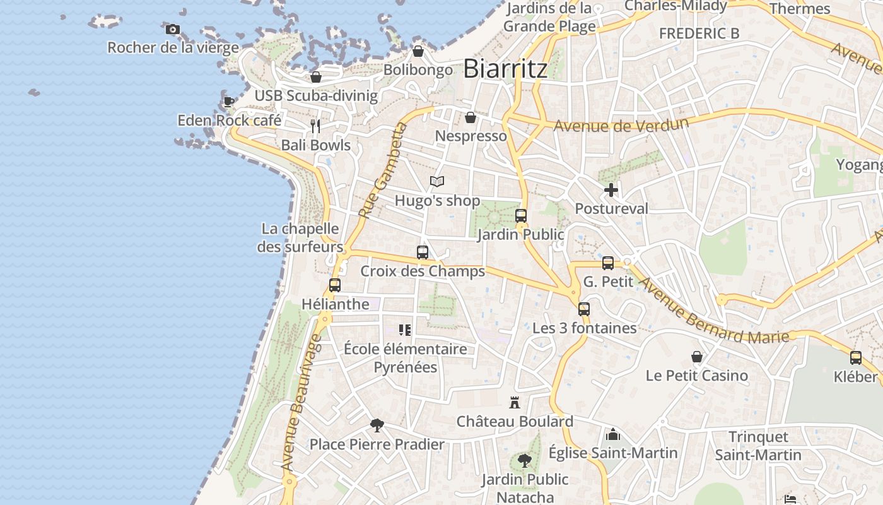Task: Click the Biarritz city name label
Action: coord(505,69)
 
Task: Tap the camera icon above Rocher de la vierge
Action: coord(172,29)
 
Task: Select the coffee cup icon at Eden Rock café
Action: coord(228,102)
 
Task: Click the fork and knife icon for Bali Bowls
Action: coord(315,126)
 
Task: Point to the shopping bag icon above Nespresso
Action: coord(470,117)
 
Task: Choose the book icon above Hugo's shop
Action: coord(437,182)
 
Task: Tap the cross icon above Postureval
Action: coord(611,189)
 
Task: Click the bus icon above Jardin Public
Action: coord(520,216)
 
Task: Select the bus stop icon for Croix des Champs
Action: coord(423,252)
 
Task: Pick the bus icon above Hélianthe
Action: coord(335,285)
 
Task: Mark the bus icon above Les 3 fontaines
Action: coord(584,309)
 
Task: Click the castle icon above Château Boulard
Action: coord(515,402)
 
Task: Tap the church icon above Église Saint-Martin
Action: coord(612,434)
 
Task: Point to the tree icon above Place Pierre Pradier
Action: coord(377,425)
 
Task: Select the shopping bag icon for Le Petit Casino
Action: coord(696,357)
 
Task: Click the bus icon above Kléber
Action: coord(855,358)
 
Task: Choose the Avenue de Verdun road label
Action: coord(621,124)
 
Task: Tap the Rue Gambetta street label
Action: coord(383,172)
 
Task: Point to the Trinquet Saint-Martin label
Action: coord(758,446)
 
